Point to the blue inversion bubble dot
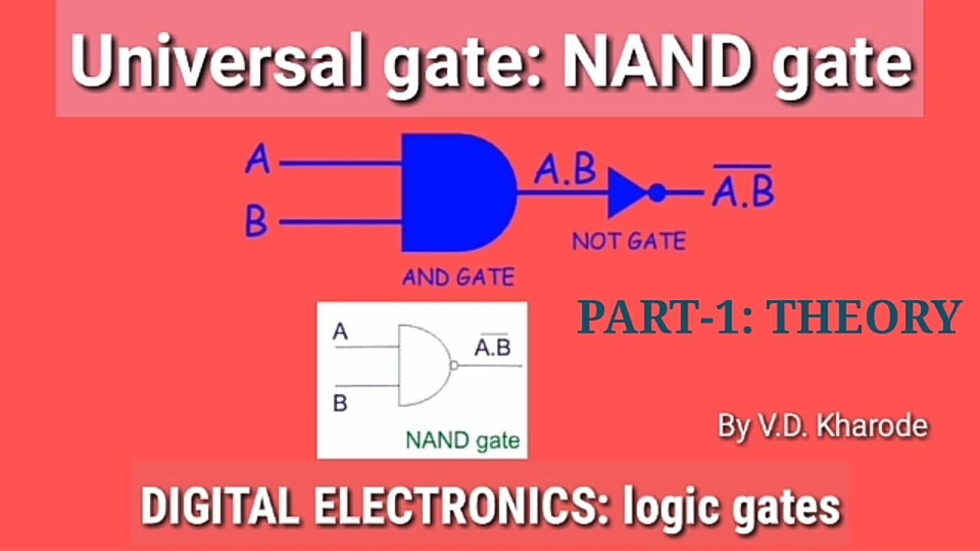click(657, 193)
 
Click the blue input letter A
click(258, 161)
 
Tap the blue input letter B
click(256, 223)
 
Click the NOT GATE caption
click(629, 242)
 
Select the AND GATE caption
click(458, 277)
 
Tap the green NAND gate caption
click(462, 440)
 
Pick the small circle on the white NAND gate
click(453, 365)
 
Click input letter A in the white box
click(341, 332)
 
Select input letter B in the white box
click(341, 403)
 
